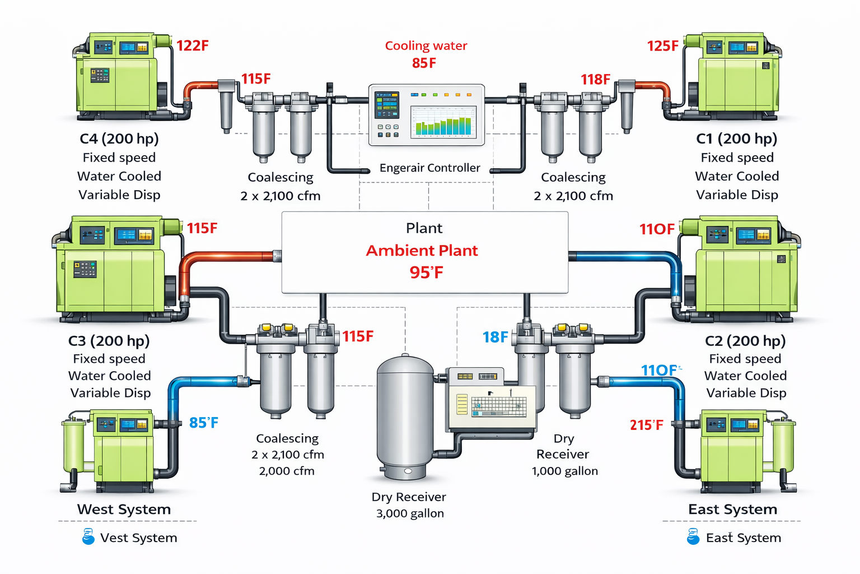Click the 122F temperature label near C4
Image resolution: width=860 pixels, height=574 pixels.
193,46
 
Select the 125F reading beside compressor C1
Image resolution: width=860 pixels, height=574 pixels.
662,46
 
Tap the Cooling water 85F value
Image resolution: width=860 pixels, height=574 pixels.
424,63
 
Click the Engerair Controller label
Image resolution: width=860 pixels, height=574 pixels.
429,168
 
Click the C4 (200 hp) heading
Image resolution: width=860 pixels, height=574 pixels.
119,138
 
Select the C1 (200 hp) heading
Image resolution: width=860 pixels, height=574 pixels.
736,138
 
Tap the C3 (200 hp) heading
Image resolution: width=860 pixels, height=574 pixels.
109,341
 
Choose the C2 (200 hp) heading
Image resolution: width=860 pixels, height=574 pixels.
745,341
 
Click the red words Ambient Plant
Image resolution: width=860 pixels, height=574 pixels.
422,251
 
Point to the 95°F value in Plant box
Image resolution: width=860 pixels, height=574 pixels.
426,273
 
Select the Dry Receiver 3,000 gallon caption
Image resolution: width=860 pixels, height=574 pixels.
409,505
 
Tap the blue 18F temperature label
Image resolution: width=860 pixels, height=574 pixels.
495,337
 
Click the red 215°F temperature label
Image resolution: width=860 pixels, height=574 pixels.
647,425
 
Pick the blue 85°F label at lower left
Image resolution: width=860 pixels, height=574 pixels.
203,423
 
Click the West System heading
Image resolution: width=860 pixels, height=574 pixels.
124,510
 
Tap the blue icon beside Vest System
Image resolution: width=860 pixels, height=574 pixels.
88,537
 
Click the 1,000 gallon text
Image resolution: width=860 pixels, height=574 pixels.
564,471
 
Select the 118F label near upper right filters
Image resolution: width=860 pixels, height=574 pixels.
595,80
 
